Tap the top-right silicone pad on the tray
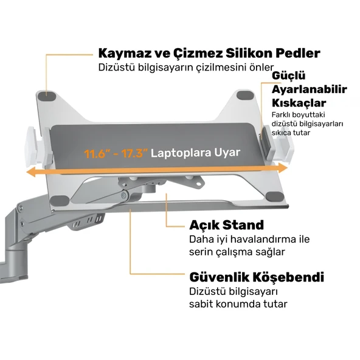pos(245,95)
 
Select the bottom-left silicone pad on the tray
pos(60,201)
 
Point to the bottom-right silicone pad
pos(275,196)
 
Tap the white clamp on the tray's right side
pos(279,142)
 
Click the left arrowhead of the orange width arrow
pos(31,172)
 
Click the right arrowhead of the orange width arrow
pos(283,168)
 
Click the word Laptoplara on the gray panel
pos(181,153)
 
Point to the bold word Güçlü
pos(289,75)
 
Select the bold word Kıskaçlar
pos(299,103)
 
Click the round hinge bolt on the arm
pos(124,196)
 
